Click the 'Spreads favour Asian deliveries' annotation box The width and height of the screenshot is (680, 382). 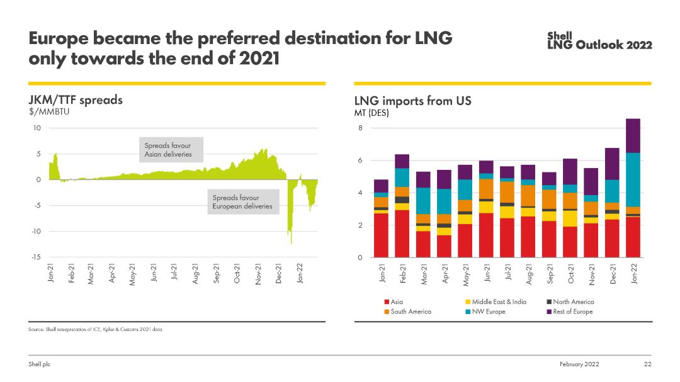(171, 150)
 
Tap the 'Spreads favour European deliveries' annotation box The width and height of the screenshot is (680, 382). (244, 202)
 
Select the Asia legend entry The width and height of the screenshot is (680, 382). (397, 303)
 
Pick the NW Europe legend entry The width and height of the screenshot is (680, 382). (488, 312)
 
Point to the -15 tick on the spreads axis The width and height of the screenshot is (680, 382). (36, 257)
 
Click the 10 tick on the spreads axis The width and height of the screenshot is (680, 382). (37, 128)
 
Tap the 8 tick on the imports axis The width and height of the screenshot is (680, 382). (361, 128)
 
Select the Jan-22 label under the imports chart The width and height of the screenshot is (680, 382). (634, 274)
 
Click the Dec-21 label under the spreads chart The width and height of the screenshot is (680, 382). (279, 274)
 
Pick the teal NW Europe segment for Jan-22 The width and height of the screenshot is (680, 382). (633, 179)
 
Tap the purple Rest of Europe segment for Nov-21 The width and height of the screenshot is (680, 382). (591, 181)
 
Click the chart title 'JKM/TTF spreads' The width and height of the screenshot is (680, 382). (76, 101)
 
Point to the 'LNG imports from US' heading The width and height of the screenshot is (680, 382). (412, 101)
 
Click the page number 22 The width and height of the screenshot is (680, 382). (647, 364)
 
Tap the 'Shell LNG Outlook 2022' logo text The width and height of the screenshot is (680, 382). (599, 41)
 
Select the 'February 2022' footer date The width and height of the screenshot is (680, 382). (579, 364)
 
